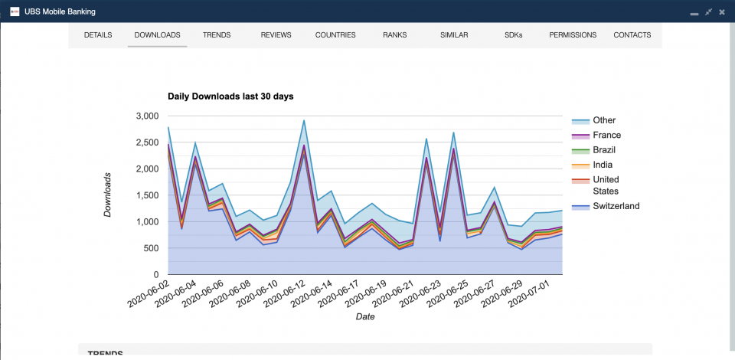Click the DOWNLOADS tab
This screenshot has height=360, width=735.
tap(157, 35)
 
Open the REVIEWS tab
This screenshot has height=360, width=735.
tap(276, 35)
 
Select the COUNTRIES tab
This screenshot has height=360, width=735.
tap(335, 35)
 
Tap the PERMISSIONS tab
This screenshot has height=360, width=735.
tap(573, 35)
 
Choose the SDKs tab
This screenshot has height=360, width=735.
tap(514, 35)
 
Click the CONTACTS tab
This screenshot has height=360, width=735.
tap(632, 35)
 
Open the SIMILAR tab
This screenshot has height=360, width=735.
tap(454, 35)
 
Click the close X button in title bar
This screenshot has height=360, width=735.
tap(722, 11)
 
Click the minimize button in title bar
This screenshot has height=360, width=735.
tap(694, 11)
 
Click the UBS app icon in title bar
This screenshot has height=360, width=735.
tap(15, 11)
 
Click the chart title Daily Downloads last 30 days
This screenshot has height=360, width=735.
tap(230, 97)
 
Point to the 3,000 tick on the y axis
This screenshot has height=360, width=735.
tap(146, 116)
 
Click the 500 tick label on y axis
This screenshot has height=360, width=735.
tap(151, 248)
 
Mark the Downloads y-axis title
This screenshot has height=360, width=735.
tap(108, 195)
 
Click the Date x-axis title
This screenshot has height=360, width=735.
tap(365, 317)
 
